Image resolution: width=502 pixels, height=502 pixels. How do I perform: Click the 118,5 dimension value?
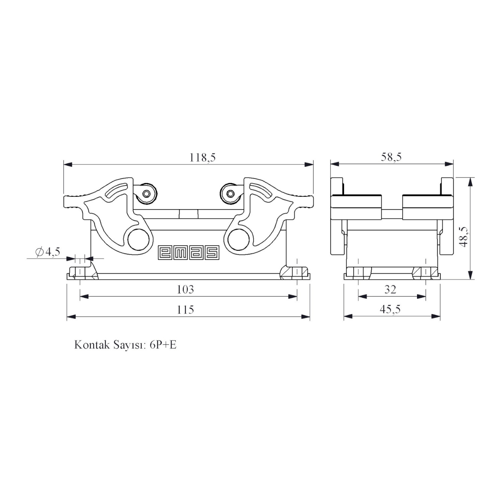[x=203, y=157]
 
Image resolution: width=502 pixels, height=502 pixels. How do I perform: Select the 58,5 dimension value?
[x=391, y=157]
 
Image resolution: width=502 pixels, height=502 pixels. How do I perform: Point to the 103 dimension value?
[x=185, y=289]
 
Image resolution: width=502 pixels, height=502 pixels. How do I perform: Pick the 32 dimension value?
[x=390, y=289]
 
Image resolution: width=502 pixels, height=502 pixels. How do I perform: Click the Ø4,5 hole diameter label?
[x=48, y=252]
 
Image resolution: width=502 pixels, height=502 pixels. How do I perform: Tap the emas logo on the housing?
[x=188, y=252]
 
